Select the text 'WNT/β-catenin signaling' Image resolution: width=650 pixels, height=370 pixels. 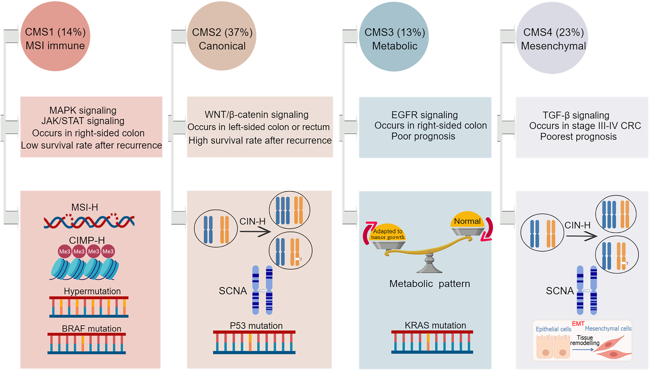pos(257,115)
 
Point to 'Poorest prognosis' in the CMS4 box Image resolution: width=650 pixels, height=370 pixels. pos(578,137)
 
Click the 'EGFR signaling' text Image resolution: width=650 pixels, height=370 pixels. pos(424,115)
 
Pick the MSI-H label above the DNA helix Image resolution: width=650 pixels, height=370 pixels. pos(85,207)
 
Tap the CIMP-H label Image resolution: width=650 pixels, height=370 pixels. pos(87,240)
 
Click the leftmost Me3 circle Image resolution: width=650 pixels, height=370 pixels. pos(64,251)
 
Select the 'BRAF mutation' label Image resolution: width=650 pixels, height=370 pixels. pos(91,329)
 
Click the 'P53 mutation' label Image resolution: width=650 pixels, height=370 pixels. pos(256,326)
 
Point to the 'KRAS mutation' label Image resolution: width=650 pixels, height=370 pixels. pos(435,325)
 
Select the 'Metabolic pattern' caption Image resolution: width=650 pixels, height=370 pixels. pos(429,284)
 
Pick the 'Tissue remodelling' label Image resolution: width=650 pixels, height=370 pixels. pos(585,340)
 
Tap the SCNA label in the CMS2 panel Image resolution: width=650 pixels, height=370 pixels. pos(233,291)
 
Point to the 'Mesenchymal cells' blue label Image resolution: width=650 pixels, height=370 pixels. pos(608,329)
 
